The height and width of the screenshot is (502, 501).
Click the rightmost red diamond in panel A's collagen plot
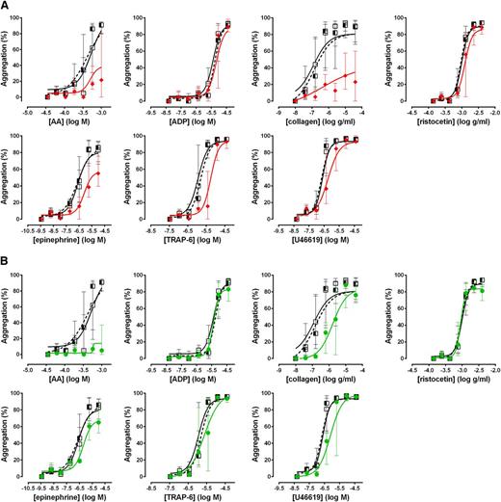pyautogui.click(x=356, y=82)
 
